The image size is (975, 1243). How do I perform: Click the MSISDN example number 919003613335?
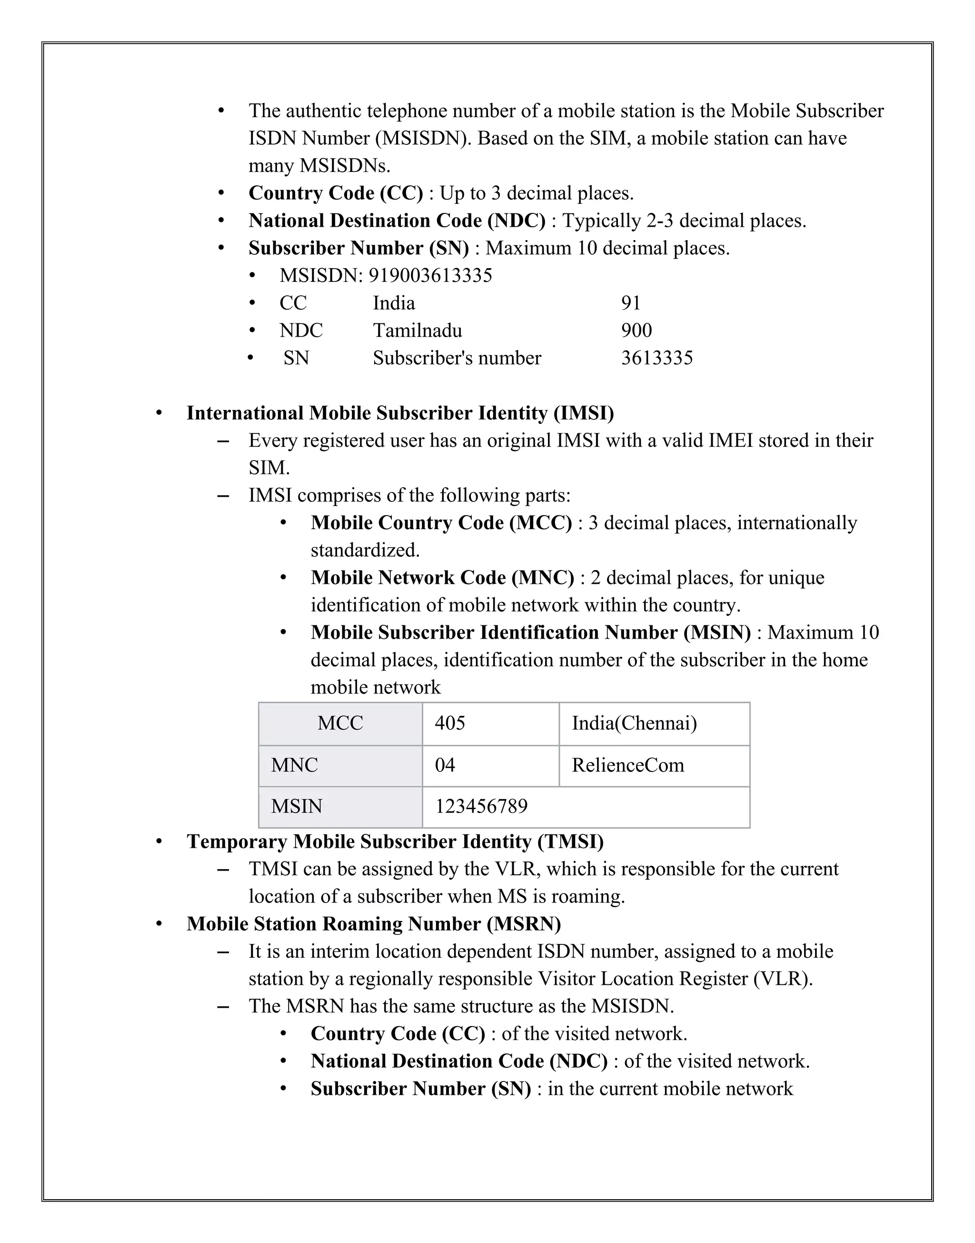(x=430, y=276)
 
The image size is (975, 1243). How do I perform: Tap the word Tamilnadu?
(x=418, y=331)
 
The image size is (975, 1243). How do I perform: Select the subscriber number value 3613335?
(x=657, y=358)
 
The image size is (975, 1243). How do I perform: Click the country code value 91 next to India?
(x=631, y=303)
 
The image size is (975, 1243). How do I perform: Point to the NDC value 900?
(x=637, y=331)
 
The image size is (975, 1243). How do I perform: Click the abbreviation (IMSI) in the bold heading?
(x=583, y=413)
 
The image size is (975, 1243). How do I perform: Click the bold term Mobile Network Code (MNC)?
(x=442, y=578)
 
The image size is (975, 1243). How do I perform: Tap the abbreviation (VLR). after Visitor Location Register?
(x=783, y=979)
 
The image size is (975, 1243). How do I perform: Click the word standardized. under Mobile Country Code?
(x=365, y=551)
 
